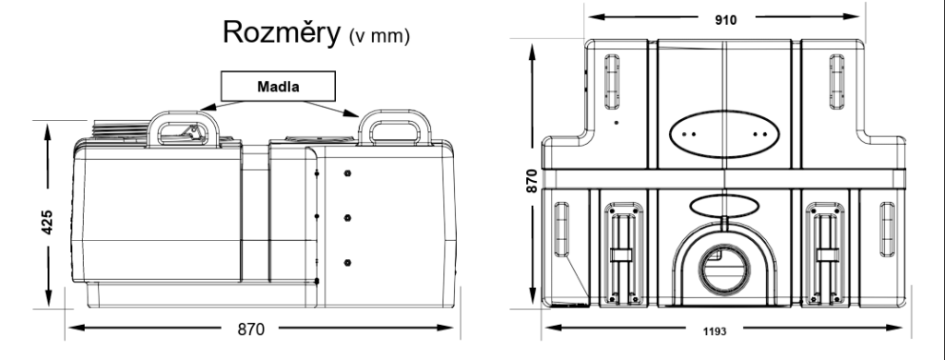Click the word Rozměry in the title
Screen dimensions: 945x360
point(281,32)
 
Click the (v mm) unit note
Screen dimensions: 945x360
point(379,36)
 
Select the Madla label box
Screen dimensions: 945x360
point(278,86)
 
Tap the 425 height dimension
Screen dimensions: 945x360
point(47,222)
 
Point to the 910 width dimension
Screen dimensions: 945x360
point(725,20)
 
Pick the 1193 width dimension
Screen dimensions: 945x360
point(715,331)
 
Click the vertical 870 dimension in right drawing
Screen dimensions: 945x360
point(532,181)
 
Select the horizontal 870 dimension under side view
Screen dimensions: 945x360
point(251,330)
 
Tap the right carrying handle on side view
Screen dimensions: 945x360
point(395,126)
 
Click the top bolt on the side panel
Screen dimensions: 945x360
point(347,174)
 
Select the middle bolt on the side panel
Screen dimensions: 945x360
point(347,218)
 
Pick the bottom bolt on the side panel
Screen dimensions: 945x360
point(347,262)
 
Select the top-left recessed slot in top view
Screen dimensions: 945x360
point(612,82)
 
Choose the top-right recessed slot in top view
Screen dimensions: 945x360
point(836,82)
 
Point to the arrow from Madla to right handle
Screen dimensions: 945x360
point(330,109)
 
